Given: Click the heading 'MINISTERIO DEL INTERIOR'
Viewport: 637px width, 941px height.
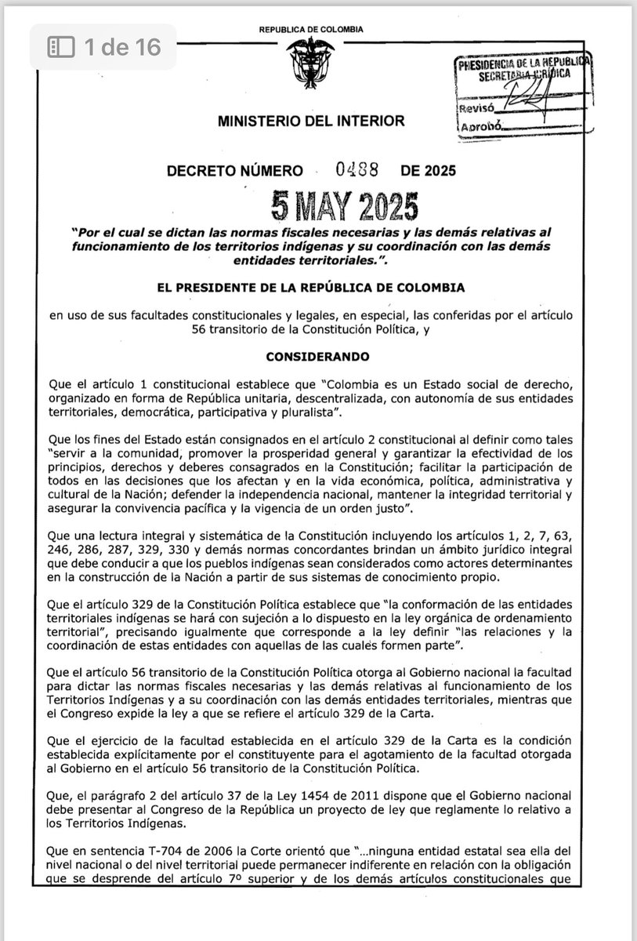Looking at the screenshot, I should coord(311,121).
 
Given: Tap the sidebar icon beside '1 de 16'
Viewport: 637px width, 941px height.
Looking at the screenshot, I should coord(60,47).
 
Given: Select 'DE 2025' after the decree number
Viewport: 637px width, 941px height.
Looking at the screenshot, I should coord(428,170).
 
